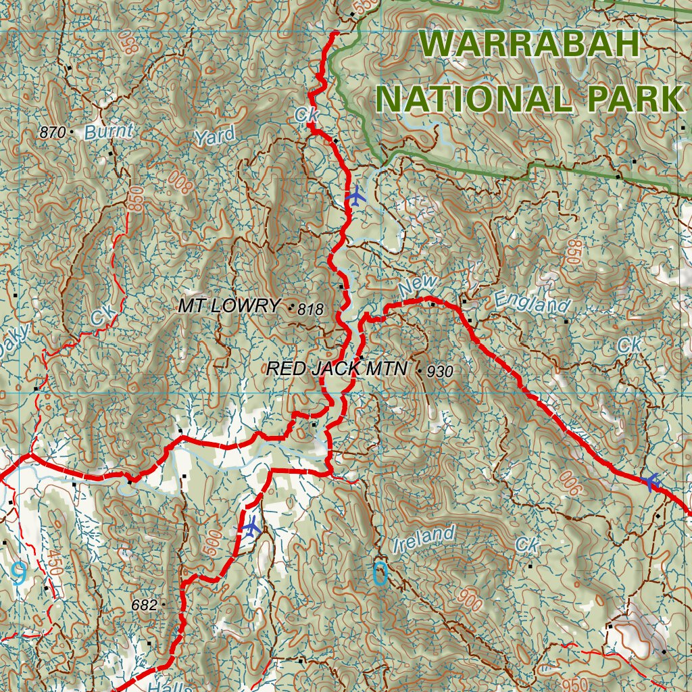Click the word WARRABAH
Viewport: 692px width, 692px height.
coord(529,45)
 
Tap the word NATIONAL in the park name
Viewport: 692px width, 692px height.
coord(474,99)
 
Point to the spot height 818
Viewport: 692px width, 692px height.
coord(311,310)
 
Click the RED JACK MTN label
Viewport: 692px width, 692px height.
coord(337,369)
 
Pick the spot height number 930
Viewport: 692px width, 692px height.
coord(440,371)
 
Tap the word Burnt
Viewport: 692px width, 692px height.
coord(109,131)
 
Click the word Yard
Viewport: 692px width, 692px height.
coord(215,136)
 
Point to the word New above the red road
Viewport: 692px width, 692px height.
coord(418,286)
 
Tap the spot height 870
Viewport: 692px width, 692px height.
coord(52,132)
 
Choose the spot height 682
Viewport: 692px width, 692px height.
coord(144,605)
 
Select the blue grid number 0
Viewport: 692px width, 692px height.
coord(380,574)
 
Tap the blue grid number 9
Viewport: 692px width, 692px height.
coord(19,574)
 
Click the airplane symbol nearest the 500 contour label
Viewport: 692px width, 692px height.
coord(251,526)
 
